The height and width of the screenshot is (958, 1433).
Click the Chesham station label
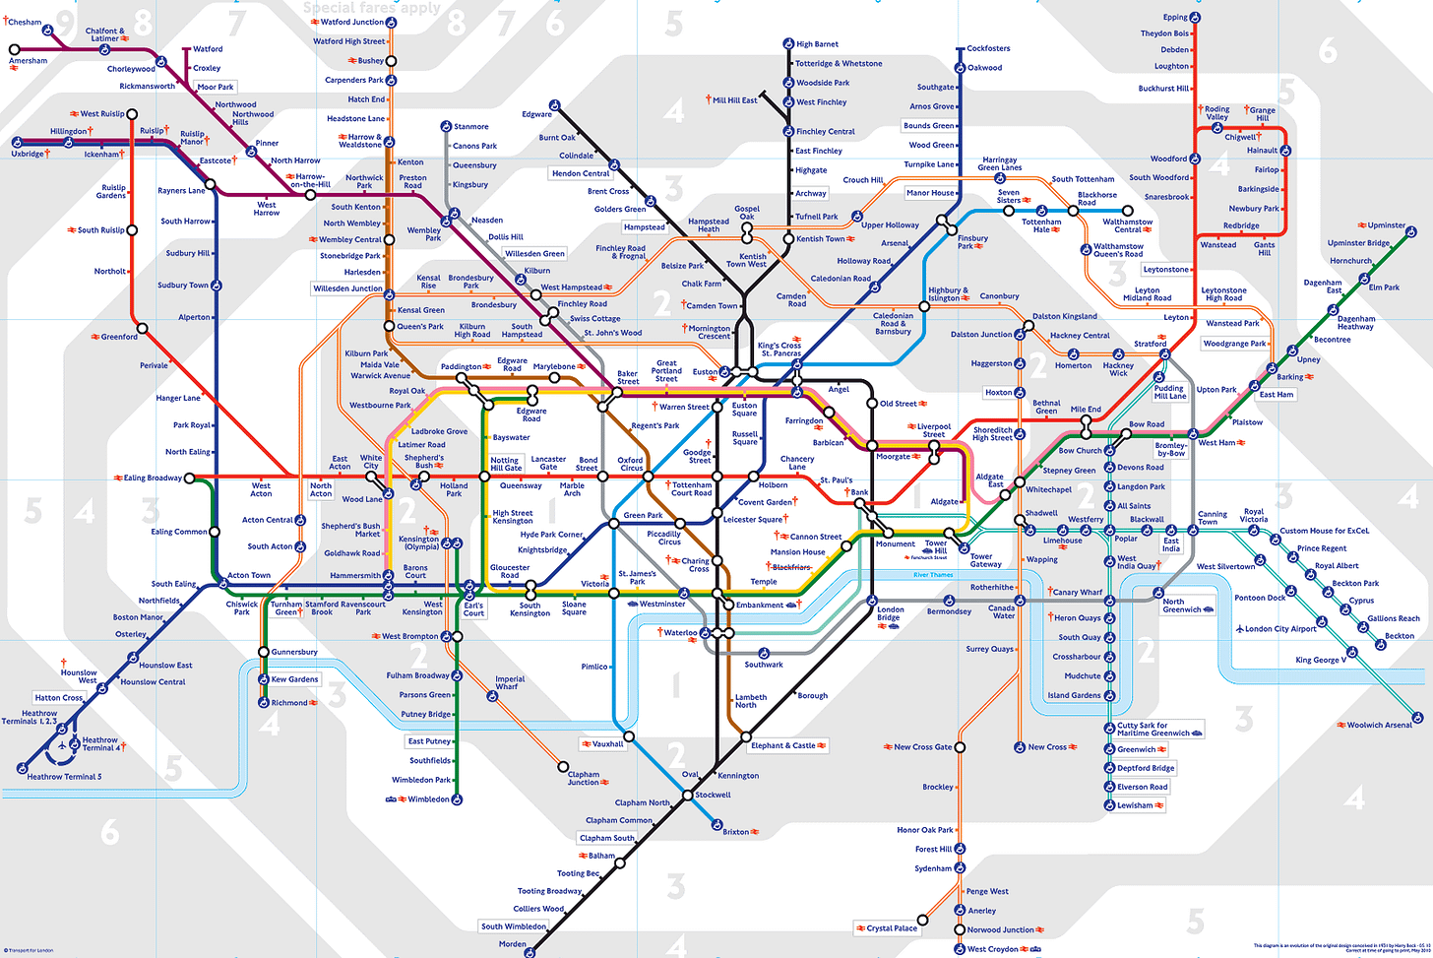(x=26, y=22)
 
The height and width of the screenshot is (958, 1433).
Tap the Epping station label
(x=1175, y=17)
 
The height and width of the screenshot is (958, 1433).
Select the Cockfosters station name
(x=988, y=48)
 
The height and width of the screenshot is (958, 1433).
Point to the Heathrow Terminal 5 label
(x=64, y=777)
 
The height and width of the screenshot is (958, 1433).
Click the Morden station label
(x=512, y=944)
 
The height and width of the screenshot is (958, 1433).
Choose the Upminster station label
(x=1387, y=225)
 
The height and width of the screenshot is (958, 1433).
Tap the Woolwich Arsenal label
(x=1379, y=725)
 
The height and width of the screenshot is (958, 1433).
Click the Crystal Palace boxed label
(x=892, y=927)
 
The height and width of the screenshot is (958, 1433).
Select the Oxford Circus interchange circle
(x=648, y=477)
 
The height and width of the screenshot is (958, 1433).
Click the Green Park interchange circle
(x=614, y=523)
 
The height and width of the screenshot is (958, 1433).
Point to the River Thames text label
(x=933, y=575)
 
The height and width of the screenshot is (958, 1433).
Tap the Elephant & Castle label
(x=783, y=745)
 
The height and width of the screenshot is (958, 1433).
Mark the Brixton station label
(x=736, y=832)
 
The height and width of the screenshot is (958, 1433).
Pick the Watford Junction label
(x=352, y=22)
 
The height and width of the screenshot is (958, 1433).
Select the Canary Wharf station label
(x=1078, y=593)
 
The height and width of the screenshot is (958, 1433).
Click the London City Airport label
(x=1280, y=628)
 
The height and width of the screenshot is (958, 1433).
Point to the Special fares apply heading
(x=372, y=8)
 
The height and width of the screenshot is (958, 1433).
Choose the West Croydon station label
(x=993, y=949)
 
